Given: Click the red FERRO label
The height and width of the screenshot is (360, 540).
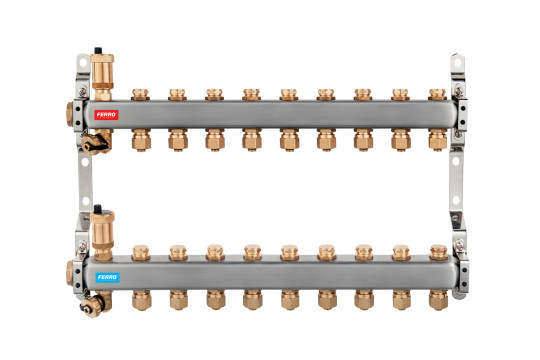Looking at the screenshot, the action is pos(106,115).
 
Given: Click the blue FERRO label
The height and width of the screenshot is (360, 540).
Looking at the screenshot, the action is pos(107,278).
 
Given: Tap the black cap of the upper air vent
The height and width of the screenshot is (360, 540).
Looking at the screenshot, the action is pos(98,50).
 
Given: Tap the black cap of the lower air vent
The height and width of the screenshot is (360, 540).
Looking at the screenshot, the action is pos(98,208).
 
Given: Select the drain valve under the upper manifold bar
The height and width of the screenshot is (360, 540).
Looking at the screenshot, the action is pos(95,142).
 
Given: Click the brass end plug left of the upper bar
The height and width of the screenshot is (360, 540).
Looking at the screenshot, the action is pos(70,114).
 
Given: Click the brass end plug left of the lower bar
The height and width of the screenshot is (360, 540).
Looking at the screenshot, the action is pos(69,273).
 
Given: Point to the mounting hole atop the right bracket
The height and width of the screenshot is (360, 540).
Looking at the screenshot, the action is pos(457,63).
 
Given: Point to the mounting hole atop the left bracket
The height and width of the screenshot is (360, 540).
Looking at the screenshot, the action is pos(83,63).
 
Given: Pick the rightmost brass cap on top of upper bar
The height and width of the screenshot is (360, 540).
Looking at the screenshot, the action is pos(437,94).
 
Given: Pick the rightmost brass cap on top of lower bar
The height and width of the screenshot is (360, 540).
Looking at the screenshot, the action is pos(439,252).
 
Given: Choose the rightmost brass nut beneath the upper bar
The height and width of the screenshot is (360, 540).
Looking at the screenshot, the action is pos(438,140).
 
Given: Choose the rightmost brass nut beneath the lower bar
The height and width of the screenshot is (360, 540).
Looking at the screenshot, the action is pos(438,300).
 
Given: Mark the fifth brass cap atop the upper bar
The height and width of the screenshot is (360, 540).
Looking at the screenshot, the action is pos(289,94).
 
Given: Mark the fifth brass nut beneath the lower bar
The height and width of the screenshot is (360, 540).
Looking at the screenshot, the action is pos(290,300).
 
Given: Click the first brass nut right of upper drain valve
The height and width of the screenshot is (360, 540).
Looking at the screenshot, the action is pos(141,140).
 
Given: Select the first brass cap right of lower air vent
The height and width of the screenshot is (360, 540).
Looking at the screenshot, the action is pos(141,252).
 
